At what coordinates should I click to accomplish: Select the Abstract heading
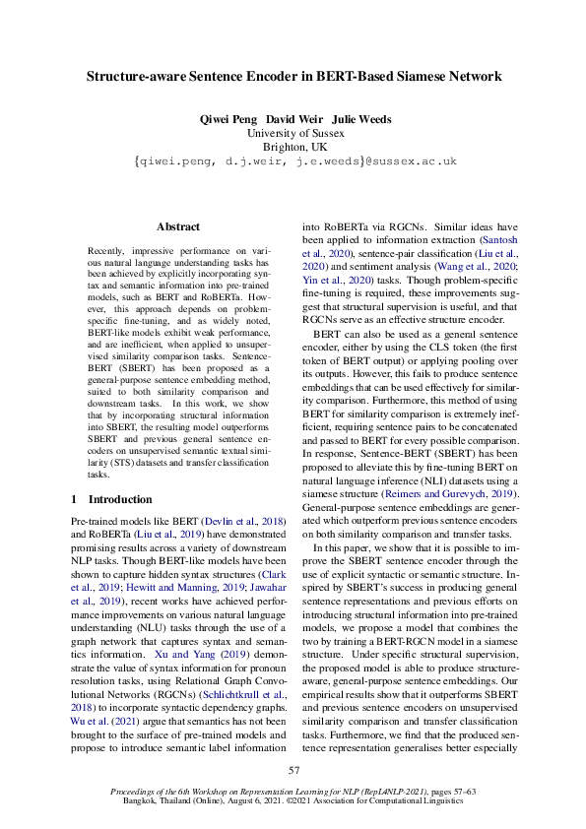pos(177,226)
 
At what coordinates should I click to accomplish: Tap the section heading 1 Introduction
pos(110,499)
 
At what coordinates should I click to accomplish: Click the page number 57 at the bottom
pos(293,770)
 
